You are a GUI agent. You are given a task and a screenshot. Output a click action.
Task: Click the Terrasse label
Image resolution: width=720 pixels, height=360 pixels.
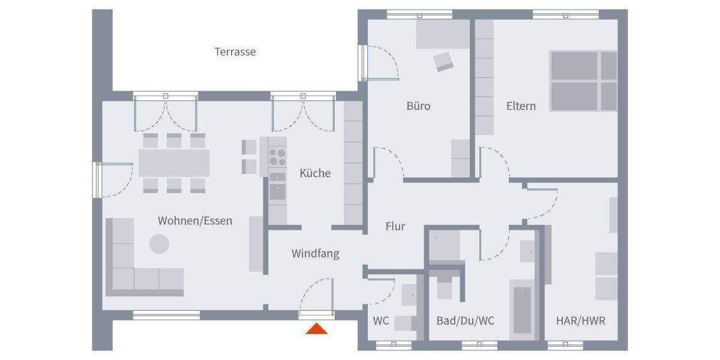coord(235,52)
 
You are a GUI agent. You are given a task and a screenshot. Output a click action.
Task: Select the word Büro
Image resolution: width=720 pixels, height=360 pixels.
coord(418,106)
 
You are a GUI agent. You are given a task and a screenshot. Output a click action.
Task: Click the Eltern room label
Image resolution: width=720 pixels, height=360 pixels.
coord(521,106)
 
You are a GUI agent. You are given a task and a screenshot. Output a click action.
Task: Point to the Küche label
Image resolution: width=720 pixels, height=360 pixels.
coord(315,173)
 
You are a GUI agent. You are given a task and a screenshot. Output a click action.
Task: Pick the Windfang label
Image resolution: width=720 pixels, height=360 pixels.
coord(315,254)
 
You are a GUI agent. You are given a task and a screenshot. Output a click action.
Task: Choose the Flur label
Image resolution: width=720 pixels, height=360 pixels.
coord(395,227)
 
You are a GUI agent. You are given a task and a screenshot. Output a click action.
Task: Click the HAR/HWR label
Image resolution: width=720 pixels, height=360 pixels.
coord(580,321)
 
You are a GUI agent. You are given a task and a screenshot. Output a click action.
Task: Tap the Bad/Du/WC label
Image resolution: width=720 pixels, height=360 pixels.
coord(466,321)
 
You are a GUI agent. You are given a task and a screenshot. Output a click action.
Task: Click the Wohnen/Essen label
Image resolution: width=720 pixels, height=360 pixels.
coord(194,221)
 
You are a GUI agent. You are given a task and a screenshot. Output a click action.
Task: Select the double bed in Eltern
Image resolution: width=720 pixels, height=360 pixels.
coord(583,81)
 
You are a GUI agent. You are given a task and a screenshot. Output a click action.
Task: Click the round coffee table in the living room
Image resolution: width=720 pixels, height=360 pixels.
coord(159,243)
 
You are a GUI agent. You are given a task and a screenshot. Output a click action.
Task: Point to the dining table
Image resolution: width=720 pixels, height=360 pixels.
coord(174,163)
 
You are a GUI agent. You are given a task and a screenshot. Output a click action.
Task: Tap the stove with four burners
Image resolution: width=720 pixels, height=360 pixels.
coord(277,157)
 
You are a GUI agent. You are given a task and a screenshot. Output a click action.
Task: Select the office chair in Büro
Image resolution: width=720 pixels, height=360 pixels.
coord(444,61)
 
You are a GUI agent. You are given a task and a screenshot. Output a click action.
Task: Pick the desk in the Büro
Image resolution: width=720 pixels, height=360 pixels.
coord(443,34)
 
